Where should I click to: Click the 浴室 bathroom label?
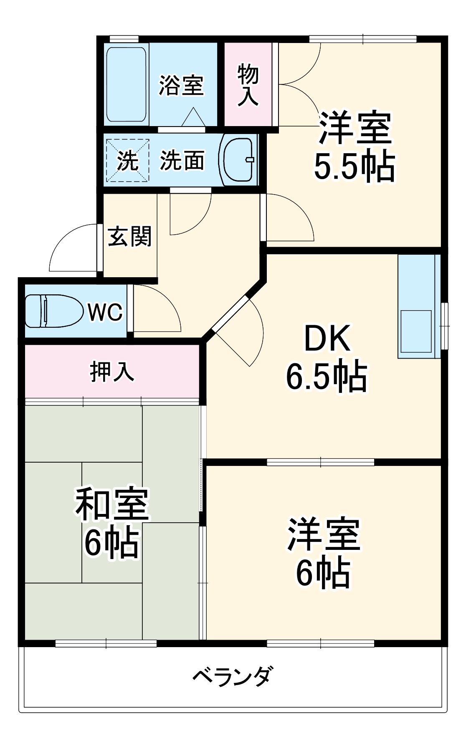coord(181,85)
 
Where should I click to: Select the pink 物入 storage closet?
coord(248,85)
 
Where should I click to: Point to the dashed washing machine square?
coord(127,160)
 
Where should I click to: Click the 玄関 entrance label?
coord(129,236)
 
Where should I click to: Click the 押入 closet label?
coord(112,371)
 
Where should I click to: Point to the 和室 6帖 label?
coord(111,523)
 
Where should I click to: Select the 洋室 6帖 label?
coord(323,553)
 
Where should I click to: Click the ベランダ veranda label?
coord(233,676)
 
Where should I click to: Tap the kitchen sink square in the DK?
coord(416,331)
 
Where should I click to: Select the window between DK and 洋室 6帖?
coord(320,462)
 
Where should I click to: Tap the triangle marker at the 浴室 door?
coord(193,117)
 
